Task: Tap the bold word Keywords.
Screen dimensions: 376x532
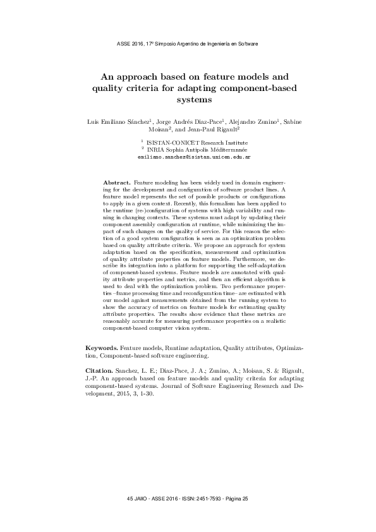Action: pyautogui.click(x=101, y=348)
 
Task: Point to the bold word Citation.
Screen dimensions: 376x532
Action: pyautogui.click(x=99, y=368)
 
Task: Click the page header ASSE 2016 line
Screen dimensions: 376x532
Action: pyautogui.click(x=188, y=44)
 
